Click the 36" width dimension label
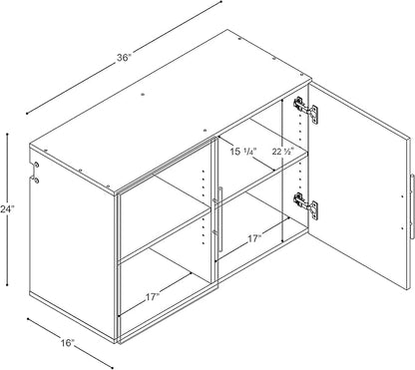[124, 58]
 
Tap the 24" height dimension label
[7, 209]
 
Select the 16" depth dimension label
[68, 343]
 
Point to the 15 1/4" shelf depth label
[243, 152]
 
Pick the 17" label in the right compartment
[254, 238]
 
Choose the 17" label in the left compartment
[153, 297]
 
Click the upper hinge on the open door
[305, 110]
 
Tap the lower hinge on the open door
[305, 205]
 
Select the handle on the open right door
[412, 205]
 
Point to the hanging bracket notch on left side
[35, 173]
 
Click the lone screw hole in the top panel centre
[143, 95]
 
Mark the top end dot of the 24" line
[7, 135]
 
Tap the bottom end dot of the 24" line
[7, 285]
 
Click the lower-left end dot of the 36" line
[27, 114]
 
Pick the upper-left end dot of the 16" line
[28, 319]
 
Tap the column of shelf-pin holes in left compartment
[204, 207]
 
